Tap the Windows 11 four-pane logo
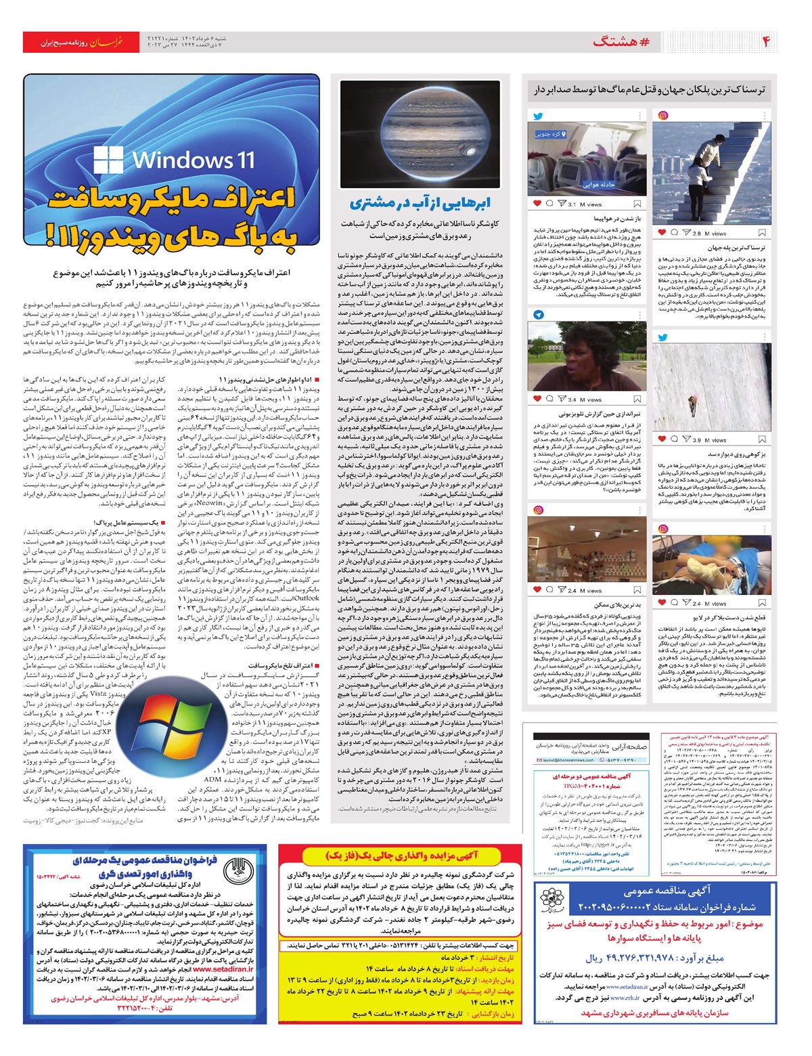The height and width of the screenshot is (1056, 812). pyautogui.click(x=108, y=160)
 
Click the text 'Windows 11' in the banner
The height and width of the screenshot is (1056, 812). pyautogui.click(x=194, y=160)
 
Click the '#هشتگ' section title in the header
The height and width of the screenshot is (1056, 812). pyautogui.click(x=621, y=42)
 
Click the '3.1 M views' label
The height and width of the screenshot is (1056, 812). pyautogui.click(x=581, y=204)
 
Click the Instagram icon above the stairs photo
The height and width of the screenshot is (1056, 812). pyautogui.click(x=664, y=116)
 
